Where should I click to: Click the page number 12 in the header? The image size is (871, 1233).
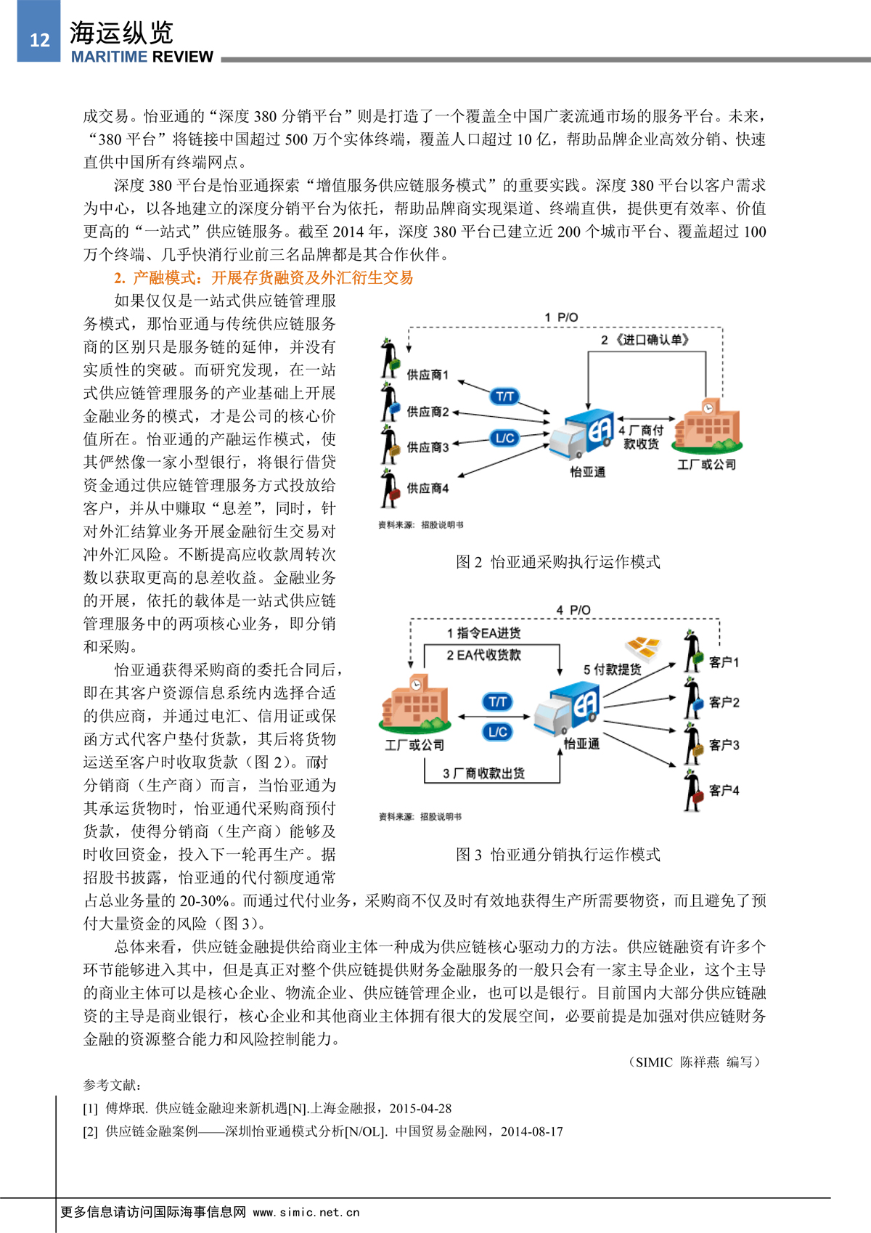tap(39, 40)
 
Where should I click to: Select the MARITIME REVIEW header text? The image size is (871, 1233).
tap(142, 57)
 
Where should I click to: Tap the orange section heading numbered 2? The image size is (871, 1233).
tap(263, 277)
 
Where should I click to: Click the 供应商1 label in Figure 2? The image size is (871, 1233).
tap(428, 375)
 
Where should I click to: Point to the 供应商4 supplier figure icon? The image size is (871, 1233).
tap(390, 489)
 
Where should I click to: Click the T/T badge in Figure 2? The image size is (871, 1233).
tap(504, 396)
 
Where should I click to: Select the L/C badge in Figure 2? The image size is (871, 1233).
tap(504, 438)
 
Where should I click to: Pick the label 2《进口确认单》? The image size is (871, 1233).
tap(645, 339)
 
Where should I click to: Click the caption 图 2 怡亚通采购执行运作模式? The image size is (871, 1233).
tap(557, 561)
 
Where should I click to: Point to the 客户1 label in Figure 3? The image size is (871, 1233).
tap(724, 662)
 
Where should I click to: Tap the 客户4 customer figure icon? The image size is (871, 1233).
tap(693, 790)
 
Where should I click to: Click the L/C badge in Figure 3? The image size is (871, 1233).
tap(497, 732)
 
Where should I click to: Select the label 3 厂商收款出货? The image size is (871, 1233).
tap(483, 773)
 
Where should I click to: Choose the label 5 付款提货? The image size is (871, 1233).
tap(612, 669)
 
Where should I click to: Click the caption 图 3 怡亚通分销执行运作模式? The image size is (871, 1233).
tap(557, 855)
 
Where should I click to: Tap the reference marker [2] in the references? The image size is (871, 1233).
tap(90, 1131)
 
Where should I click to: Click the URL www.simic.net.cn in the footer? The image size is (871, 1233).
tap(306, 1212)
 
